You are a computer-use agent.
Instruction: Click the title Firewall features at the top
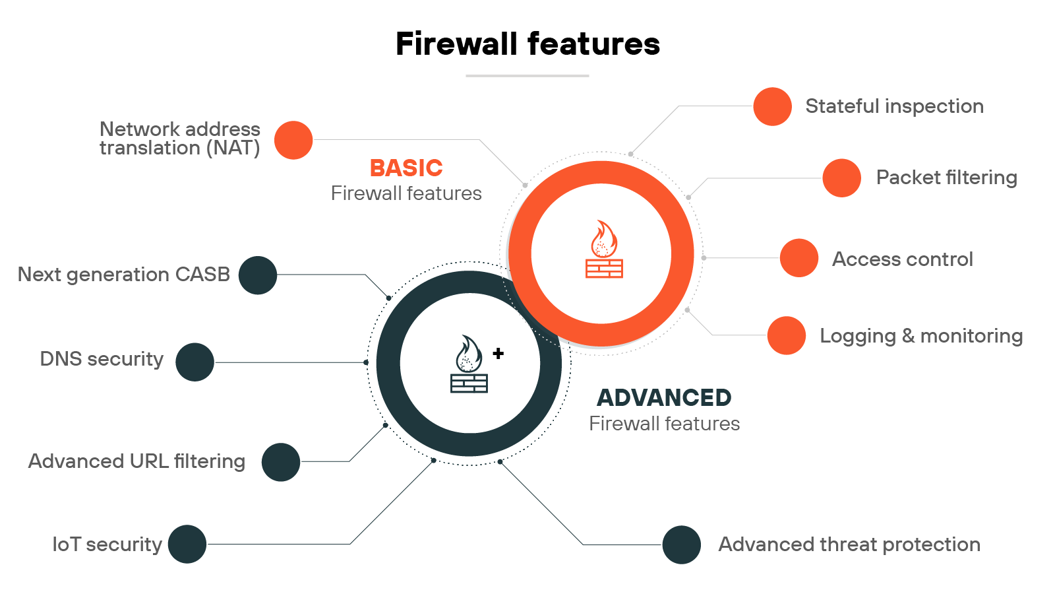click(x=527, y=44)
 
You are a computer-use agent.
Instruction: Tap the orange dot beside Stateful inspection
click(x=772, y=106)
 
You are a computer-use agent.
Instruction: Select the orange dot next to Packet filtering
click(x=841, y=178)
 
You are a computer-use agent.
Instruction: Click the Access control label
click(x=902, y=259)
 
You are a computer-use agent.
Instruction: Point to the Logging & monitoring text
click(x=920, y=336)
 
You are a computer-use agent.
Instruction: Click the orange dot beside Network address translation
click(x=293, y=140)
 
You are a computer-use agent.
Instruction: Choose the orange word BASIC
click(x=406, y=168)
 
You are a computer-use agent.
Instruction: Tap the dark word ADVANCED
click(x=664, y=398)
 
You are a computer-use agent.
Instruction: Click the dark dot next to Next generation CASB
click(x=258, y=275)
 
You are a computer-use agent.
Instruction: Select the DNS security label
click(x=102, y=359)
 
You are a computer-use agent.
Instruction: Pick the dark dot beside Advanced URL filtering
click(x=281, y=462)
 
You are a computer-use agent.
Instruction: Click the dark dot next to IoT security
click(x=187, y=544)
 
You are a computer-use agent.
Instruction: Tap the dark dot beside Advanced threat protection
click(x=681, y=544)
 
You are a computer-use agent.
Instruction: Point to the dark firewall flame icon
click(x=469, y=364)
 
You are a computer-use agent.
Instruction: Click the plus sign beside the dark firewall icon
click(x=498, y=353)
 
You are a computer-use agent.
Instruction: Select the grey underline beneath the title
click(x=527, y=76)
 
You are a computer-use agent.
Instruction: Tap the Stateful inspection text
click(x=894, y=106)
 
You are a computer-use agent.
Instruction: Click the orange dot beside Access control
click(x=799, y=258)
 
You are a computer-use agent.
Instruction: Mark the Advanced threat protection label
click(x=849, y=544)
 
